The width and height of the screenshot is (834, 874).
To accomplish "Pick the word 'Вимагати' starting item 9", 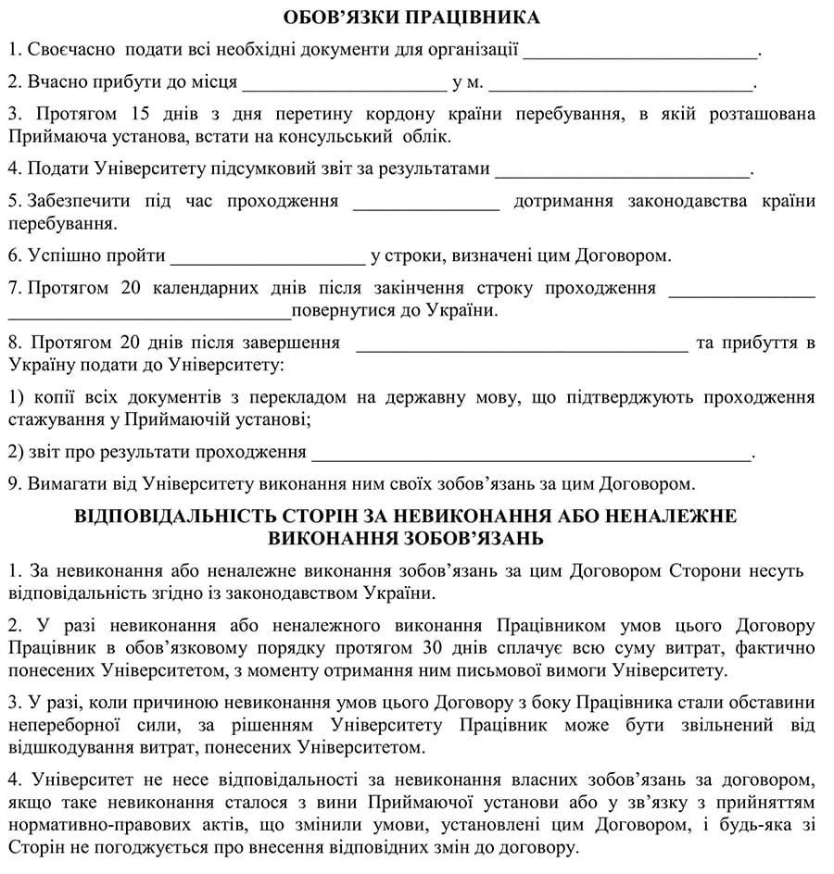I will tap(65, 483).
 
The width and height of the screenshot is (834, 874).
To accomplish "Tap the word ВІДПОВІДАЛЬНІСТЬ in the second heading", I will tap(208, 515).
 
